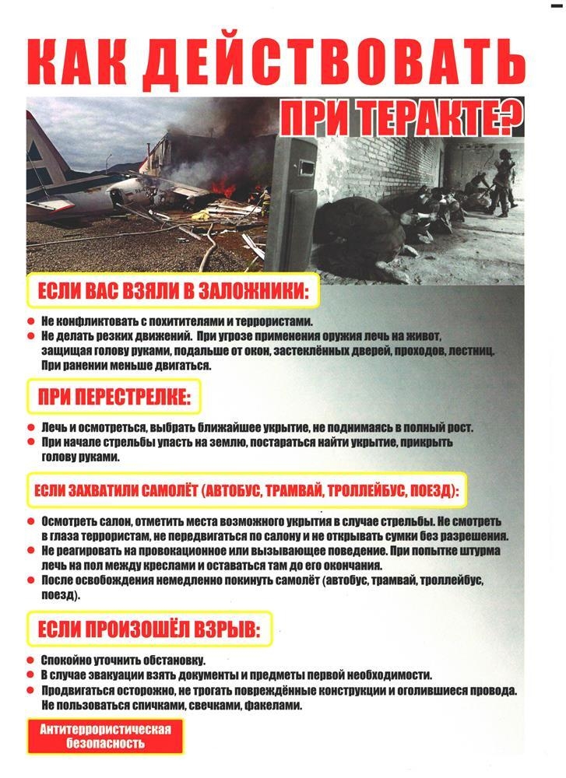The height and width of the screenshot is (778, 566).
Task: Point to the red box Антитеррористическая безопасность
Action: (105, 735)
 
